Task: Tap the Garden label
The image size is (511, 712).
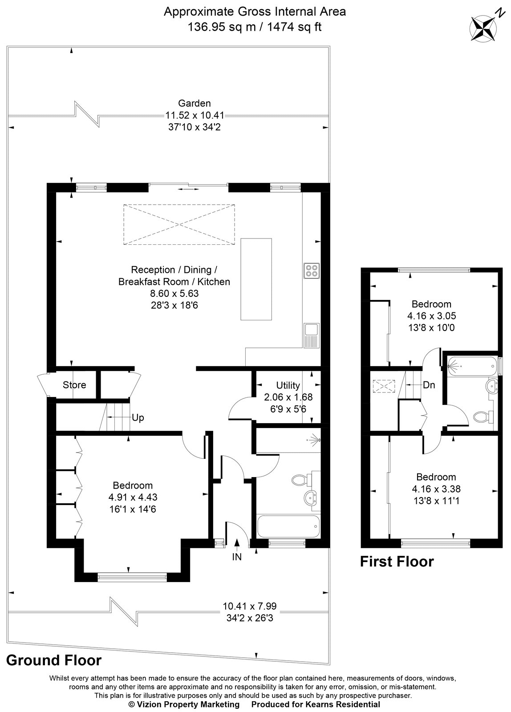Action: pos(194,104)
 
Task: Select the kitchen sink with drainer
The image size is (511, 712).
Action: pos(310,335)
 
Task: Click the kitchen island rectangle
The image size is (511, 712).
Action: pos(256,279)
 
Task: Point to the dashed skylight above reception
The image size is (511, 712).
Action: pos(179,224)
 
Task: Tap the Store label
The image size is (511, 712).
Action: pos(74,385)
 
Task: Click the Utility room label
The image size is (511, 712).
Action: pos(288,385)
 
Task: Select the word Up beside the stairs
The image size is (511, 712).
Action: pos(138,418)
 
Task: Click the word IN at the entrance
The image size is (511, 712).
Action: pos(237,557)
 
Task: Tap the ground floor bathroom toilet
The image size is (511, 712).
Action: pos(301,480)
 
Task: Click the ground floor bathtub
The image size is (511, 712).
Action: pos(288,527)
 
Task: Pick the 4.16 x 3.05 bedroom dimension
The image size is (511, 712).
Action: pos(431,316)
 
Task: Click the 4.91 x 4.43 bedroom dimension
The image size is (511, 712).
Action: pos(133,497)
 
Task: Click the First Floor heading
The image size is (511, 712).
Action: pos(397,562)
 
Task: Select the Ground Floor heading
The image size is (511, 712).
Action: pos(54,660)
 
